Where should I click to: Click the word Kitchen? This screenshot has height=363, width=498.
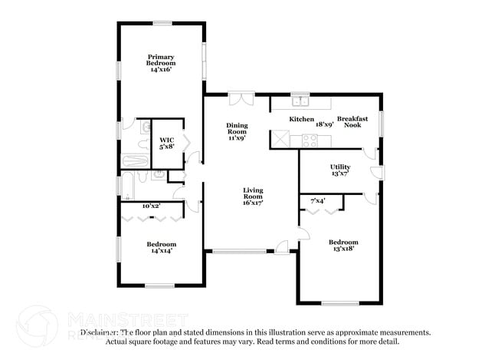click(x=302, y=120)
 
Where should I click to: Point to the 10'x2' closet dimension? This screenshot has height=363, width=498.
click(x=152, y=206)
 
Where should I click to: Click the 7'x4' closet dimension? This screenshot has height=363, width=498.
click(x=318, y=200)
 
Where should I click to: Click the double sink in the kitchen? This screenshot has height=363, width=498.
click(x=300, y=101)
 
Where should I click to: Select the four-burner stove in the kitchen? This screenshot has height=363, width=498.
click(x=310, y=140)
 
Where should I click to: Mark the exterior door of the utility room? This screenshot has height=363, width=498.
click(x=375, y=170)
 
